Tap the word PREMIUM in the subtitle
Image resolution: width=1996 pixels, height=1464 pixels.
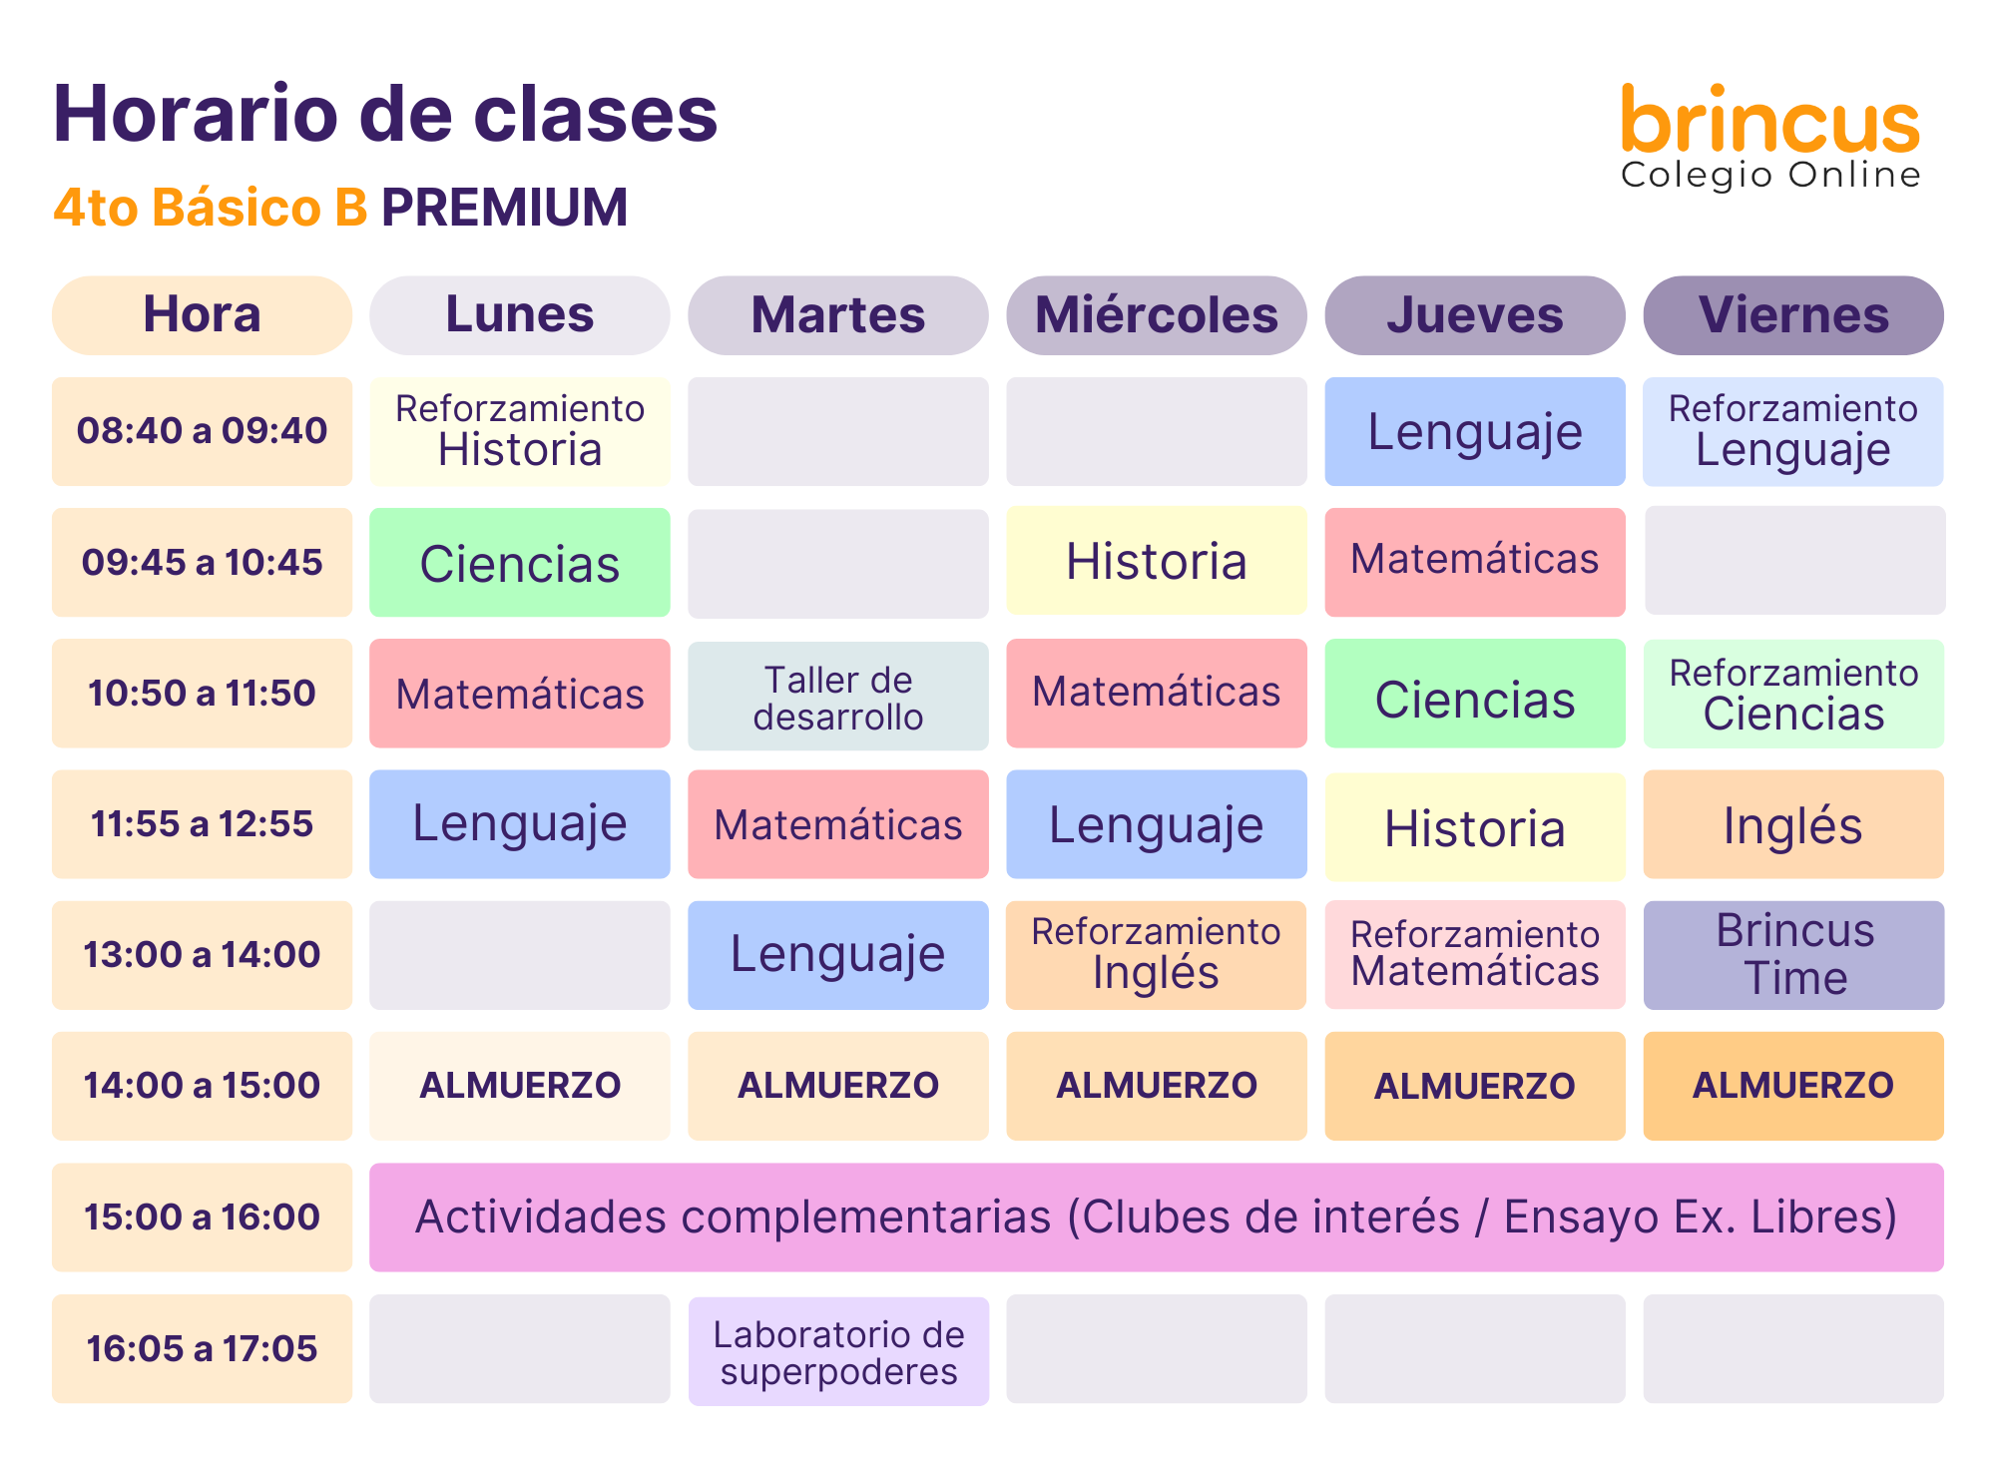tap(504, 208)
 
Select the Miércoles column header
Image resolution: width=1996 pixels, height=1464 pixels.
tap(1157, 315)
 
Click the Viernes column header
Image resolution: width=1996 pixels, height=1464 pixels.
tap(1793, 315)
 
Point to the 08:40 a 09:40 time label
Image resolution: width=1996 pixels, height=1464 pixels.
tap(202, 431)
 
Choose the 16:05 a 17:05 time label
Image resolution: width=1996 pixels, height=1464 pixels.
tap(202, 1349)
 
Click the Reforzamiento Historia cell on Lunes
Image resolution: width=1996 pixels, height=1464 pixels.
tap(520, 431)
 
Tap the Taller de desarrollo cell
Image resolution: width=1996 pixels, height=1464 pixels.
tap(838, 696)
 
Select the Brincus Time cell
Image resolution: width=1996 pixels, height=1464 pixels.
tap(1793, 955)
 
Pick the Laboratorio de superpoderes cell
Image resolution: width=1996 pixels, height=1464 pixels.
tap(838, 1351)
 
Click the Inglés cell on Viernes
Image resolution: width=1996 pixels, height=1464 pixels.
tap(1793, 824)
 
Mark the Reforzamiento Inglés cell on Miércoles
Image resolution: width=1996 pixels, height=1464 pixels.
tap(1157, 955)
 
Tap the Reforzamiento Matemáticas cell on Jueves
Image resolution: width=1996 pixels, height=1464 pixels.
tap(1475, 955)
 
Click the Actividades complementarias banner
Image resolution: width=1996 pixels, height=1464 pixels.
tap(1157, 1218)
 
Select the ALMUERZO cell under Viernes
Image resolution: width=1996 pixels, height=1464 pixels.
tap(1793, 1086)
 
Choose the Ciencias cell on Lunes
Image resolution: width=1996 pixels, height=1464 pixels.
tap(520, 563)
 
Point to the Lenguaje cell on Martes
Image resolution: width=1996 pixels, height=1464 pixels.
tap(838, 955)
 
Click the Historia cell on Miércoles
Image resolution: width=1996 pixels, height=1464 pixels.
tap(1157, 561)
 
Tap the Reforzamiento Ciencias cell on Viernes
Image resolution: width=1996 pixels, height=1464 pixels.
tap(1793, 694)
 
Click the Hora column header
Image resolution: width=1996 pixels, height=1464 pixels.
tap(202, 315)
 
